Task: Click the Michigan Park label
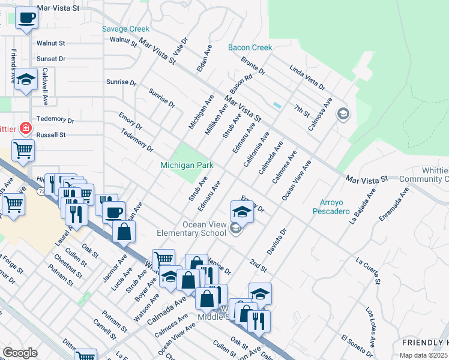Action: tap(187, 165)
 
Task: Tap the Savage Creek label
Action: tap(125, 29)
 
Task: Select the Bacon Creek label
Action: tap(250, 47)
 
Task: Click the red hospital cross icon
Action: tap(26, 128)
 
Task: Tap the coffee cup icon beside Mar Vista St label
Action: tap(26, 19)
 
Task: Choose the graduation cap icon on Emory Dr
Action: tap(242, 212)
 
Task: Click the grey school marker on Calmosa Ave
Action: tap(343, 114)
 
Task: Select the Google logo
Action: tap(20, 353)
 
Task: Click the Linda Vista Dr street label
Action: tap(306, 78)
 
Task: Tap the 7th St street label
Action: tap(301, 110)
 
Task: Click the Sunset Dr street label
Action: tap(51, 59)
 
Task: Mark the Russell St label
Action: tap(51, 135)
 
